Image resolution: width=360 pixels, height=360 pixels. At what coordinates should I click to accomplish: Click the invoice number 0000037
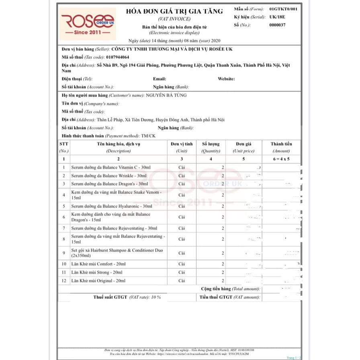coord(277,25)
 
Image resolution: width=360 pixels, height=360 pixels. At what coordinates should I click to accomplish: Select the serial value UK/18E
coord(277,17)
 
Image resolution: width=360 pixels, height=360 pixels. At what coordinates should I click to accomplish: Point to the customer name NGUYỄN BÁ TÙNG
coord(166,95)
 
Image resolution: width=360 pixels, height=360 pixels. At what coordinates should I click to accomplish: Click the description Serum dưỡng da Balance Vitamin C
coord(111,167)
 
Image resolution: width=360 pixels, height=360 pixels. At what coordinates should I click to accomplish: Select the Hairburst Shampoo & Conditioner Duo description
coord(117,253)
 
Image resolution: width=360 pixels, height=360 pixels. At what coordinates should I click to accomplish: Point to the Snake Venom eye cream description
coord(116,195)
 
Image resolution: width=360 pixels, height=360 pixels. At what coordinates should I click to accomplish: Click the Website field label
coord(226,79)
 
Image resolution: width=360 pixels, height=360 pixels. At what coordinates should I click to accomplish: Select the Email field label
coord(159,79)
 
